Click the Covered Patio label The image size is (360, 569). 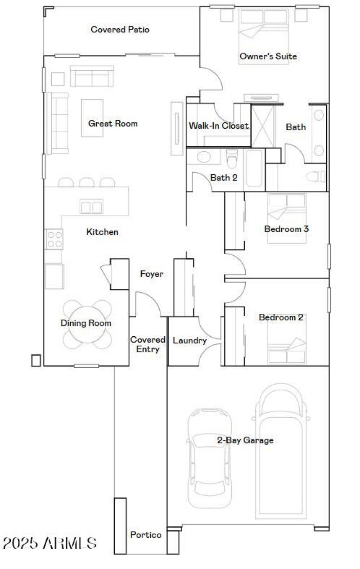point(120,30)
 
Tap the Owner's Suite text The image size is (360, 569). point(268,56)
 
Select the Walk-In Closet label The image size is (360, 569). point(219,126)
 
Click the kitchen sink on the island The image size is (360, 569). point(91,207)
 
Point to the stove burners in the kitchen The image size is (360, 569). point(54,239)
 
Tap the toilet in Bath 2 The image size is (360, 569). point(232,158)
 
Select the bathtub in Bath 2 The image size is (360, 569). point(255,170)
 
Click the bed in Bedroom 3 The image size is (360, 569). point(287,218)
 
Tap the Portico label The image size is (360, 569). point(146,535)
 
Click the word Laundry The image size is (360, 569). point(189,341)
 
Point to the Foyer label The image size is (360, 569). point(152,274)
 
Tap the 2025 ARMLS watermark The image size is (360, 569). point(49,543)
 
